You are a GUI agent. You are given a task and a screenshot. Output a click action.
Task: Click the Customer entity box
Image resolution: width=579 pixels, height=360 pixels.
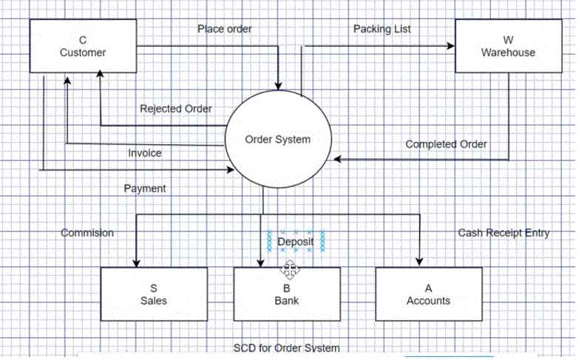(82, 46)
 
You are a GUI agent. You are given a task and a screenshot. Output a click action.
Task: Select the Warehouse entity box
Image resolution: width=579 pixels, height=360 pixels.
(507, 46)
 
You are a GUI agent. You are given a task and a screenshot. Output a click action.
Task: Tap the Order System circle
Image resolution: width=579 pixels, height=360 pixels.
(278, 139)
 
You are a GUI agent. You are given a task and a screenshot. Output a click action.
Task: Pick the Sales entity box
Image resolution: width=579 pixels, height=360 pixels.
(154, 294)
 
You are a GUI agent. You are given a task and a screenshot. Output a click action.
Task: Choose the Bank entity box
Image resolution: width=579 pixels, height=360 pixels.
(287, 294)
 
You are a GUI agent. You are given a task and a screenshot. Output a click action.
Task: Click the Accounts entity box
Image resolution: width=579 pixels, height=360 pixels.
(428, 294)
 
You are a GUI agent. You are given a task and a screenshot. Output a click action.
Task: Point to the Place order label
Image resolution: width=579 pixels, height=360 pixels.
(224, 29)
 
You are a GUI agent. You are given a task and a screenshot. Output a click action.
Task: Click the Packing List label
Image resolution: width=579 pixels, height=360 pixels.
(382, 29)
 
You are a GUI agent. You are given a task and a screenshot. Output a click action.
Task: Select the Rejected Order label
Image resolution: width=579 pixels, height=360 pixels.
(176, 109)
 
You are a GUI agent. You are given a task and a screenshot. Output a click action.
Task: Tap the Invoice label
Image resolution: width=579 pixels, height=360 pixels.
(144, 153)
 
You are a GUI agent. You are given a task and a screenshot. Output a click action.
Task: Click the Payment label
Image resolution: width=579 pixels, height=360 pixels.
(144, 189)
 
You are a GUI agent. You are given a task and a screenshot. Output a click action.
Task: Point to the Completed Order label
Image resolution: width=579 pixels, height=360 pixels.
(446, 144)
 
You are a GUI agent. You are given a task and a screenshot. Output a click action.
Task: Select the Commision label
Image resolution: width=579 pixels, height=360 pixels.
(87, 233)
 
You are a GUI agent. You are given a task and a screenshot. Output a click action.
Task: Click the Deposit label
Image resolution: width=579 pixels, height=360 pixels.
(296, 242)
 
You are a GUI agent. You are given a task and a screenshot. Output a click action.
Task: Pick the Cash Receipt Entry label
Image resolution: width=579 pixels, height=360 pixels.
(504, 233)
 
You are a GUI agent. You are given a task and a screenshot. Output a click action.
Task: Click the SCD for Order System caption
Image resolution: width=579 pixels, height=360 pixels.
(287, 348)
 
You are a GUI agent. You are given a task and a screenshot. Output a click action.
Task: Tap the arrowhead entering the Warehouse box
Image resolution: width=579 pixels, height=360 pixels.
(450, 46)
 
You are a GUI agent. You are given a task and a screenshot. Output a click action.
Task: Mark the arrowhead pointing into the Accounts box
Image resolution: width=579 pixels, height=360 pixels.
(420, 262)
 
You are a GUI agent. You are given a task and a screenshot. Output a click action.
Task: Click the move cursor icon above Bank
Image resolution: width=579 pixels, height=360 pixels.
(288, 268)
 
